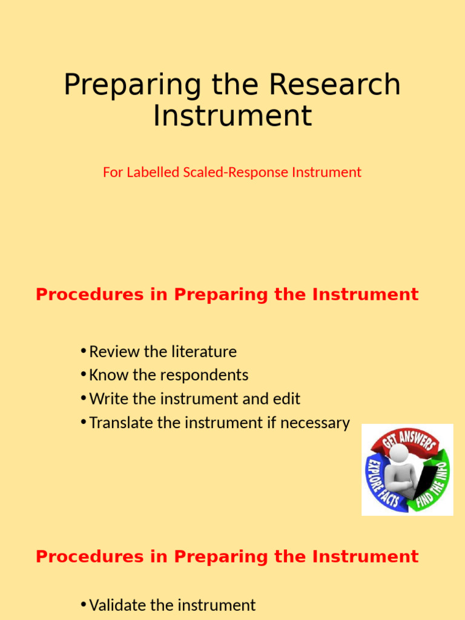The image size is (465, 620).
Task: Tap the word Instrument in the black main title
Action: (x=232, y=116)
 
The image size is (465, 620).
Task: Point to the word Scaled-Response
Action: (x=236, y=173)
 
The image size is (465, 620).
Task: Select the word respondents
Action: (x=205, y=375)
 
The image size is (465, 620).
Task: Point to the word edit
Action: (x=286, y=399)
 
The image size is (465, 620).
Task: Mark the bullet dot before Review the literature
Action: (x=83, y=352)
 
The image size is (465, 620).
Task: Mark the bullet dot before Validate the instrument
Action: (x=83, y=605)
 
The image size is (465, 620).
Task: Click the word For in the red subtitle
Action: (x=113, y=173)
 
